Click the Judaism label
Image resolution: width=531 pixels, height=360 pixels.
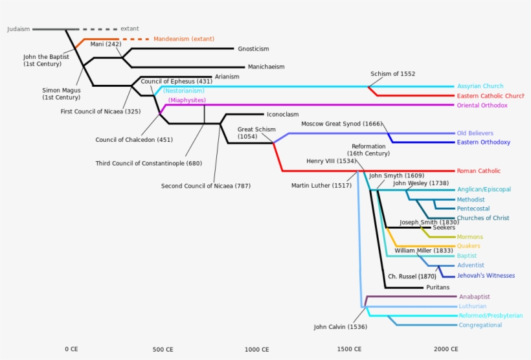click(x=18, y=29)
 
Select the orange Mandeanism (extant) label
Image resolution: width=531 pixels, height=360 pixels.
click(x=184, y=39)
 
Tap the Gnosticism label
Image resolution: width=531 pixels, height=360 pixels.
click(x=253, y=49)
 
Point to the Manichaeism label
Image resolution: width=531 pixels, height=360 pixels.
click(x=265, y=67)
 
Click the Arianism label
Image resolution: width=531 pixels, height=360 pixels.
click(x=227, y=76)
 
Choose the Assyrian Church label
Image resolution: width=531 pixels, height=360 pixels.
click(x=480, y=86)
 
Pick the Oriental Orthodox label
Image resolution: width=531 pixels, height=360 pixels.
click(x=482, y=105)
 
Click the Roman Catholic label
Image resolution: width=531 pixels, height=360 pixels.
click(x=479, y=171)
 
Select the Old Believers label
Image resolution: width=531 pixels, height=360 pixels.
click(x=475, y=133)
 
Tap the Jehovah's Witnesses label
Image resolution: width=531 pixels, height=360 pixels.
click(x=486, y=276)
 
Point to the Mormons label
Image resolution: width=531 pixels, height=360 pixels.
click(x=469, y=237)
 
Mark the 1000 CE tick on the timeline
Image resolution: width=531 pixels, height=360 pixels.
click(x=256, y=350)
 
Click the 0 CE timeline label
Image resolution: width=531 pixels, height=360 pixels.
click(x=71, y=350)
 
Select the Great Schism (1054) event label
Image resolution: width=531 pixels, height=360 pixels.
click(x=256, y=133)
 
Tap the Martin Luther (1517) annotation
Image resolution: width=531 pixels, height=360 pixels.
click(x=322, y=186)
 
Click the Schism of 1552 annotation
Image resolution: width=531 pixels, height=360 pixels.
click(x=393, y=74)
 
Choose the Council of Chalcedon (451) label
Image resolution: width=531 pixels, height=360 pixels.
click(x=134, y=139)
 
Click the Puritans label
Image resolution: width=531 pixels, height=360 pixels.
click(x=437, y=287)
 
